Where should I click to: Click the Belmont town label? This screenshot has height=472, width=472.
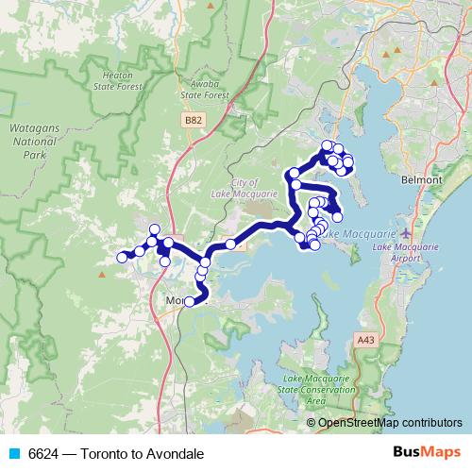(x=421, y=179)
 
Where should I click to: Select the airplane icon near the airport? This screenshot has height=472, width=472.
(x=406, y=232)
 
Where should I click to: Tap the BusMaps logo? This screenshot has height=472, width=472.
(x=423, y=453)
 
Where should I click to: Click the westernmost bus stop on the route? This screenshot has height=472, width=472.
(x=121, y=257)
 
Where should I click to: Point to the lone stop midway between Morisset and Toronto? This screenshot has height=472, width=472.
(x=230, y=244)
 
